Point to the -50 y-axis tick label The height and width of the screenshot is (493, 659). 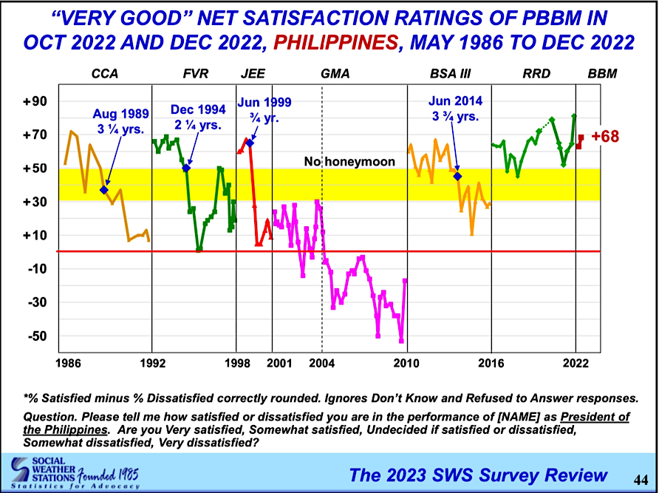pyautogui.click(x=36, y=336)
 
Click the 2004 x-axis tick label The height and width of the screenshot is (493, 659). pyautogui.click(x=321, y=363)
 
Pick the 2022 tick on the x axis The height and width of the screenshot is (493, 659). pyautogui.click(x=576, y=363)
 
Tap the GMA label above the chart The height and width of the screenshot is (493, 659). pyautogui.click(x=335, y=74)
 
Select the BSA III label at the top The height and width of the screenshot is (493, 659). pyautogui.click(x=450, y=74)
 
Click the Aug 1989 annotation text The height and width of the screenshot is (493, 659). pyautogui.click(x=121, y=120)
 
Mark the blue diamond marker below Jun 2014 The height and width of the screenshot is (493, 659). pyautogui.click(x=457, y=176)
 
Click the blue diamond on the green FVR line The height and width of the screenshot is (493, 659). pyautogui.click(x=186, y=168)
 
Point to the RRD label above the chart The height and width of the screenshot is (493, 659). pyautogui.click(x=532, y=74)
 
